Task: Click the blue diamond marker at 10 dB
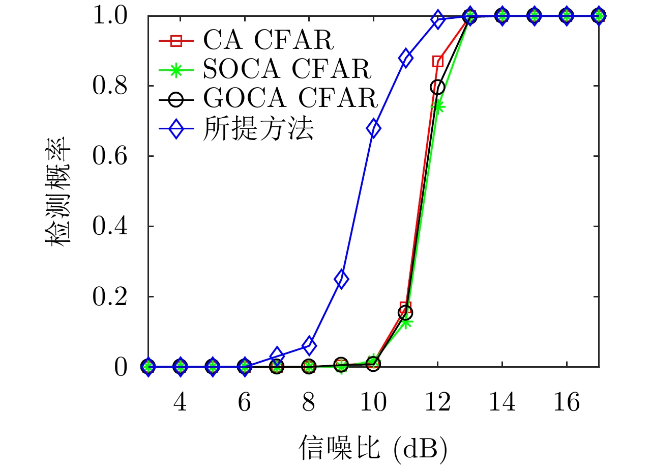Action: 373,128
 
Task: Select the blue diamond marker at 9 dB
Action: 341,279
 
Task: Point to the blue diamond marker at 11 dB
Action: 405,58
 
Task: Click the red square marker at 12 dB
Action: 437,62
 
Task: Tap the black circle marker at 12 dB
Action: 437,87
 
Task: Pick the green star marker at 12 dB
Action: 437,106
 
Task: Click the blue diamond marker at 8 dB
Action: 309,346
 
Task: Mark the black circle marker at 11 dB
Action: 405,312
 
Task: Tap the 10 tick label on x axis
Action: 373,404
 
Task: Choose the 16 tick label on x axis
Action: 567,404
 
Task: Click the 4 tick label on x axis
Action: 180,404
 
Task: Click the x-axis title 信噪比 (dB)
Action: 373,447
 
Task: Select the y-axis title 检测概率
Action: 58,192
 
